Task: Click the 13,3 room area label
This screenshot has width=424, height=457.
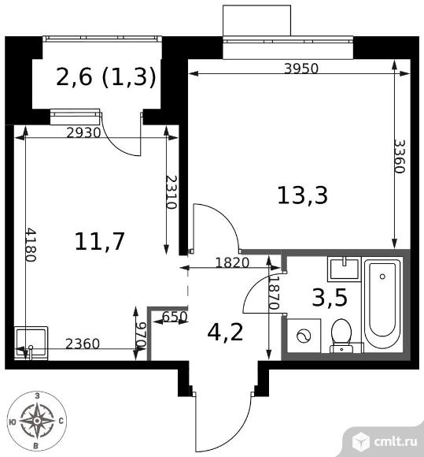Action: (303, 195)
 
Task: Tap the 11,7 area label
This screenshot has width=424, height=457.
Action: (100, 241)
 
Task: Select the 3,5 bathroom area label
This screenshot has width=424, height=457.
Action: (330, 298)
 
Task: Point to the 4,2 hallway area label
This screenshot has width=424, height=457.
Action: (225, 333)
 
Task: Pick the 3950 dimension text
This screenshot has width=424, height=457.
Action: (301, 69)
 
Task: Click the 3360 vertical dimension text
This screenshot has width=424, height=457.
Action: (400, 156)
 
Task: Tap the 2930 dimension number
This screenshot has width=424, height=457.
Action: (83, 133)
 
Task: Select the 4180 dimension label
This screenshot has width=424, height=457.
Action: (31, 245)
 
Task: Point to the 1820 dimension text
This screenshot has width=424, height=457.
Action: (232, 263)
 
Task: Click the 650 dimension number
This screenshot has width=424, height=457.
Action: (174, 317)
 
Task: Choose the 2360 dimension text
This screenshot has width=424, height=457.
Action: (83, 344)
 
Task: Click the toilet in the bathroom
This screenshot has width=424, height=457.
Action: (341, 336)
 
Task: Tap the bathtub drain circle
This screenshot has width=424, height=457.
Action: (382, 277)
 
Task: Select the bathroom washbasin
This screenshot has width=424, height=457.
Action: (345, 269)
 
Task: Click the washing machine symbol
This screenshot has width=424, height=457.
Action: (304, 336)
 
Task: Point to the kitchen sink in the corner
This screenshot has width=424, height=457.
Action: (31, 343)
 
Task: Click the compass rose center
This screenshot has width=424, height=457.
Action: (37, 421)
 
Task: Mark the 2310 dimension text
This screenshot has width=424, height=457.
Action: (171, 192)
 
